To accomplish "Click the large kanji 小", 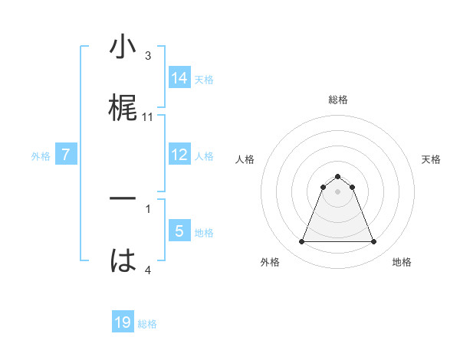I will [123, 47].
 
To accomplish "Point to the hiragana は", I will [123, 260].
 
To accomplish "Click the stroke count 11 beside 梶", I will [148, 117].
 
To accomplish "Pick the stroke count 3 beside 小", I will [148, 56].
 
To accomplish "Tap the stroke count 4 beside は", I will [148, 270].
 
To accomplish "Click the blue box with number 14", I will [179, 77].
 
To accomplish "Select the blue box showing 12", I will [179, 155].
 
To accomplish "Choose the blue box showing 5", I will [179, 231].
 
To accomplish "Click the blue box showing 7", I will [66, 155].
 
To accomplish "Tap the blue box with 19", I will [123, 322].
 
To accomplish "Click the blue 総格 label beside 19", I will [147, 324].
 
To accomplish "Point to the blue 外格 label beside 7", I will [41, 156].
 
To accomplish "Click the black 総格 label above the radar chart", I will [337, 100].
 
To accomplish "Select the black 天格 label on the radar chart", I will [431, 159].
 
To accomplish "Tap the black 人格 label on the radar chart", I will [245, 159].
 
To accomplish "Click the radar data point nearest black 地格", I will [373, 242].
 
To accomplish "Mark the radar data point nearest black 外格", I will [301, 242].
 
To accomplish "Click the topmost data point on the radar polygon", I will [337, 176].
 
